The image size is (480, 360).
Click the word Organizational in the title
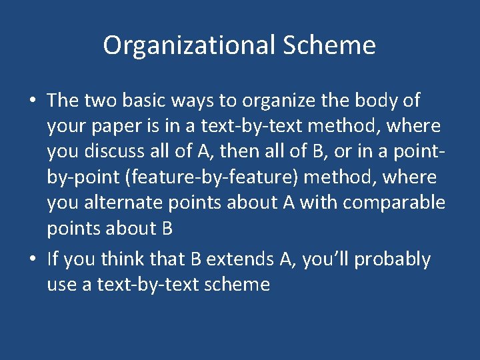coord(188,45)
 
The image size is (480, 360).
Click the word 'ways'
coord(177,101)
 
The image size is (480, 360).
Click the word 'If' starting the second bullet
coord(53,259)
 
